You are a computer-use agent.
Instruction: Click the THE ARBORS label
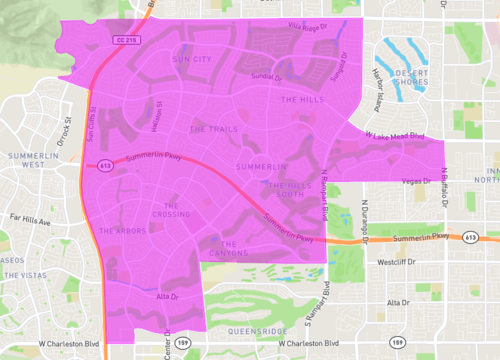point(123,231)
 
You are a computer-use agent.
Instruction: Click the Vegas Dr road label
point(413,181)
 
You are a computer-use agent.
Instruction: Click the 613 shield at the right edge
point(469,238)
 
